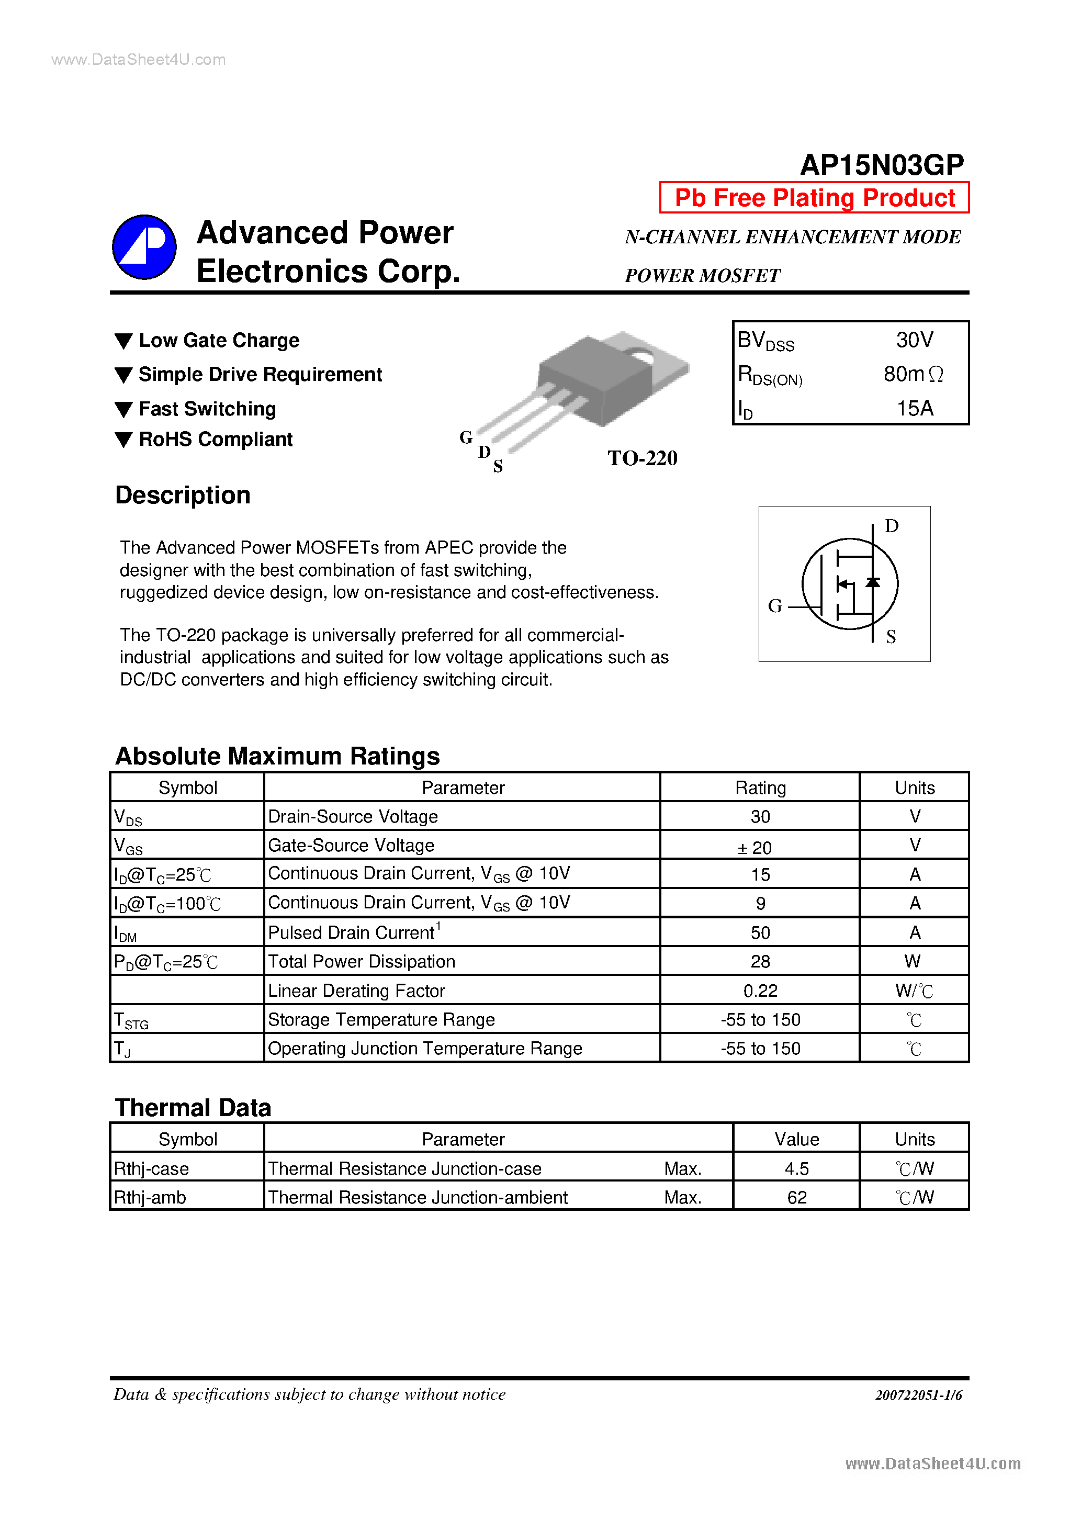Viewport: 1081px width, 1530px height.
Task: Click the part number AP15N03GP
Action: [881, 165]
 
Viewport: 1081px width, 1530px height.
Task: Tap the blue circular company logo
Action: [144, 247]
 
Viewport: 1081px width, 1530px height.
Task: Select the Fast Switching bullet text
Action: [207, 409]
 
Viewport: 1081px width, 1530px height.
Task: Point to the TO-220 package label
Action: [642, 458]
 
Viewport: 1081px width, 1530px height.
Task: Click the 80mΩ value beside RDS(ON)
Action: [913, 375]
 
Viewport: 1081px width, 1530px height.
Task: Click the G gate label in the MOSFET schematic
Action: [774, 606]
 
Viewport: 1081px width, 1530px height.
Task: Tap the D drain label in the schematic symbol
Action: [891, 526]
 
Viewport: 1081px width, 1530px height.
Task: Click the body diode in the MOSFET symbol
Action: [872, 582]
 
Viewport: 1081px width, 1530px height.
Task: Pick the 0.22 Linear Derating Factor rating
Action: [760, 991]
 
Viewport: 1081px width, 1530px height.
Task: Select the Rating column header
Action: [760, 788]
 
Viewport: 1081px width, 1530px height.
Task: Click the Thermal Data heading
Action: [193, 1108]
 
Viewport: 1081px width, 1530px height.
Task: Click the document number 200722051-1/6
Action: [918, 1394]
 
